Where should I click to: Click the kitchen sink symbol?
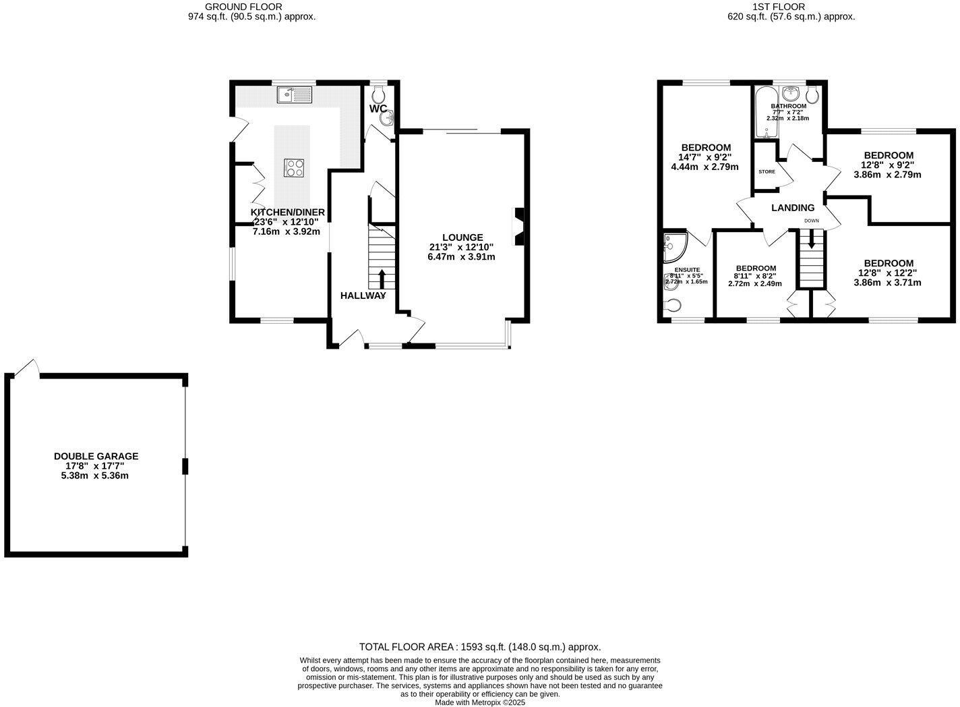point(295,95)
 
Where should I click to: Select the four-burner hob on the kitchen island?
point(294,167)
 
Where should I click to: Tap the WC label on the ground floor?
point(378,109)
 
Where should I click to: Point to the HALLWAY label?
point(363,295)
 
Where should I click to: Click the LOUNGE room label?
point(462,237)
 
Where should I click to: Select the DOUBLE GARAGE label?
point(96,457)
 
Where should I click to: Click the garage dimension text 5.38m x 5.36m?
point(94,476)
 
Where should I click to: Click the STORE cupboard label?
point(767,172)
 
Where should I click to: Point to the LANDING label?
point(793,208)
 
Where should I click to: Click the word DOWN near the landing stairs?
point(811,221)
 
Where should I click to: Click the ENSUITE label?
point(686,269)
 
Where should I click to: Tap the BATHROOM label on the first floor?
point(788,106)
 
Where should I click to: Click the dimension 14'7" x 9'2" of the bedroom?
point(706,158)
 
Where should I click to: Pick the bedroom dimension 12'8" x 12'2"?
point(889,273)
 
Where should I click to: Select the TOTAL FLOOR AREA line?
point(479,646)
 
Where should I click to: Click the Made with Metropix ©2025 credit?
point(479,702)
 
